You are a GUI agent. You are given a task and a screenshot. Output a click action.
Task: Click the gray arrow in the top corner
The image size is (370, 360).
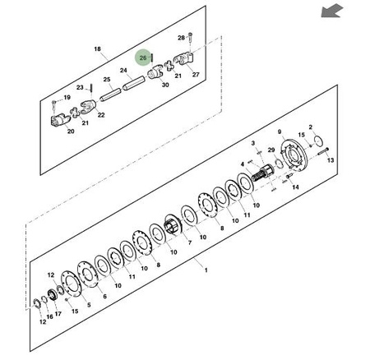[x=332, y=11]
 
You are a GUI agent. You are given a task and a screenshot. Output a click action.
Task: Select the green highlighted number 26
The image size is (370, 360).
[x=143, y=58]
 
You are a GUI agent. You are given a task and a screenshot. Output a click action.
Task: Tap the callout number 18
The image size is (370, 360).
[x=98, y=49]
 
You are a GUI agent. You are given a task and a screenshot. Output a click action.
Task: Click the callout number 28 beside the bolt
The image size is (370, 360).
[x=182, y=38]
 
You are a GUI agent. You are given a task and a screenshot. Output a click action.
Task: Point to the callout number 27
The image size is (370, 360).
[x=196, y=74]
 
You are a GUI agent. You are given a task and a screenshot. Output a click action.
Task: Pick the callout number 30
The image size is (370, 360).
[x=165, y=85]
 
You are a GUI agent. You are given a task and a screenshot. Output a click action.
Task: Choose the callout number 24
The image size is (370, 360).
[x=123, y=71]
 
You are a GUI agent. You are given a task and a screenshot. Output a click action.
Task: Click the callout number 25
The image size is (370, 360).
[x=107, y=80]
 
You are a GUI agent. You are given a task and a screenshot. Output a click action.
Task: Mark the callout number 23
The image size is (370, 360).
[x=80, y=87]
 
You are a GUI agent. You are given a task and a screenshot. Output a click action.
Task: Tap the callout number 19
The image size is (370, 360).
[x=67, y=97]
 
